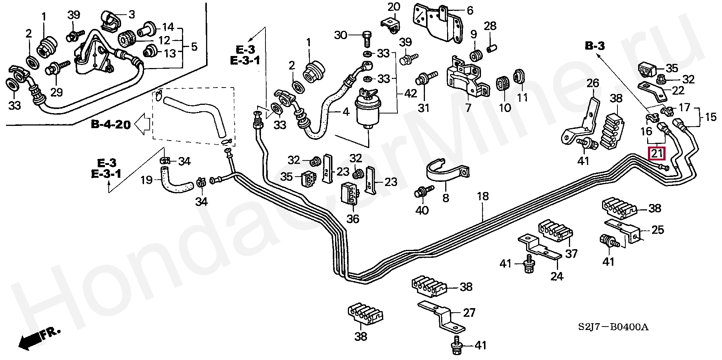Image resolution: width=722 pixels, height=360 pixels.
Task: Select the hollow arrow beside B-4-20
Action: coord(143,124)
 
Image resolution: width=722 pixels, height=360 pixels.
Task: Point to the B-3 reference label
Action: coord(595,46)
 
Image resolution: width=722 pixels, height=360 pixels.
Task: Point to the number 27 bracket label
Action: coord(469,312)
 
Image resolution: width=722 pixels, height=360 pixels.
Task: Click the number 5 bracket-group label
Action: coord(194,47)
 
